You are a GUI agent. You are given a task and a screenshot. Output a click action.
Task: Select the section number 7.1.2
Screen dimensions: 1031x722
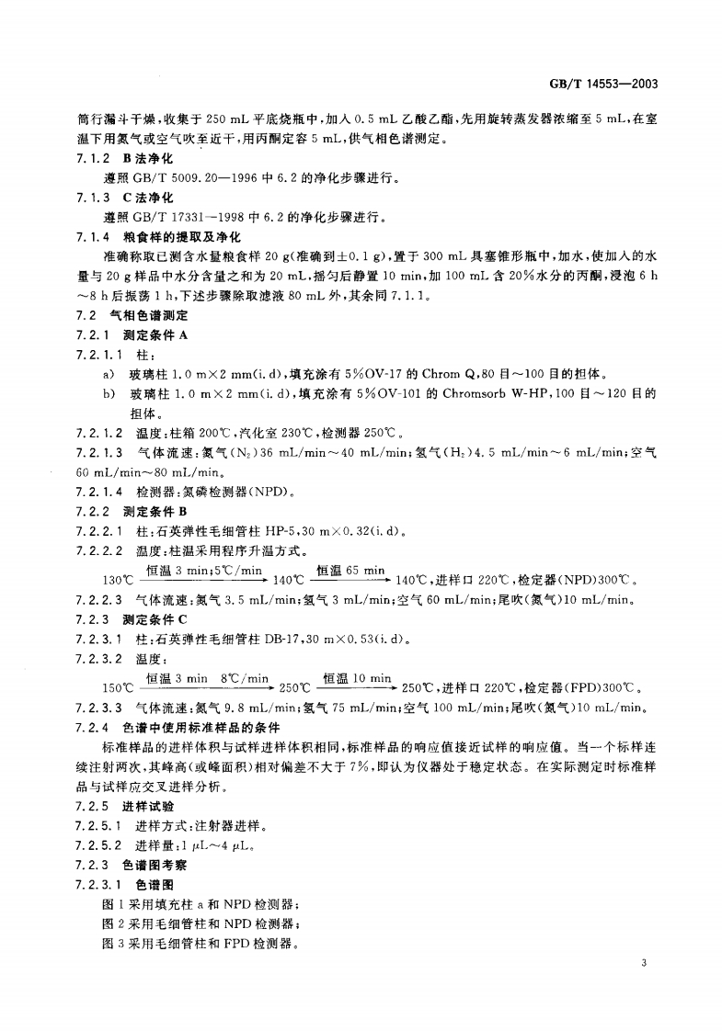93,157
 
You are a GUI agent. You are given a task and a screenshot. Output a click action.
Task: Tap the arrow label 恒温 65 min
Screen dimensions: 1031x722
350,572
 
